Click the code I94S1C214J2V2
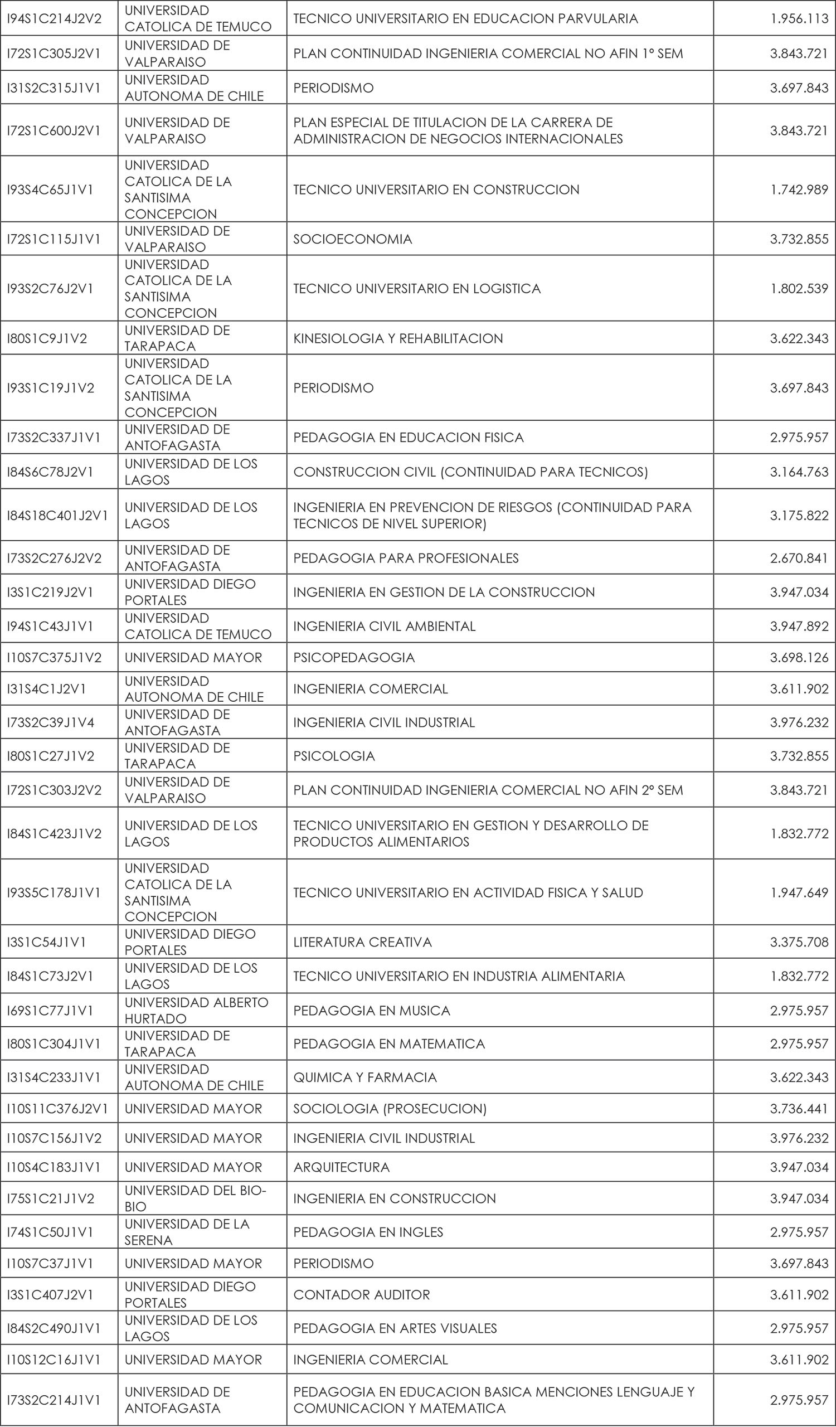click(x=54, y=19)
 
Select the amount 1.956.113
click(x=799, y=19)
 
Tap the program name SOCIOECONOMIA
click(x=352, y=239)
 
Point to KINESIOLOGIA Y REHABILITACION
click(x=397, y=338)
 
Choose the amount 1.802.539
click(x=799, y=289)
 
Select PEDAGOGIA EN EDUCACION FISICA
click(x=408, y=437)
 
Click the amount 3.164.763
click(x=799, y=472)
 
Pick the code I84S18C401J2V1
click(x=57, y=515)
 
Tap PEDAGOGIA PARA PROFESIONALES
click(x=405, y=558)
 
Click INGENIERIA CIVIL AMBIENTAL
click(x=384, y=627)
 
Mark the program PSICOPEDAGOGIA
click(x=354, y=657)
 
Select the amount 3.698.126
click(x=799, y=657)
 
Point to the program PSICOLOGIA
click(x=333, y=756)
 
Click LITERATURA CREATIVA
click(x=362, y=941)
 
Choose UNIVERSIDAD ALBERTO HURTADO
click(x=196, y=1010)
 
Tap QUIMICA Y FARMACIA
click(x=364, y=1077)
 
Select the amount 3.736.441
click(x=799, y=1108)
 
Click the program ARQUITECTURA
click(x=341, y=1167)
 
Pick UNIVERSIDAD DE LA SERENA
click(x=187, y=1232)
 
